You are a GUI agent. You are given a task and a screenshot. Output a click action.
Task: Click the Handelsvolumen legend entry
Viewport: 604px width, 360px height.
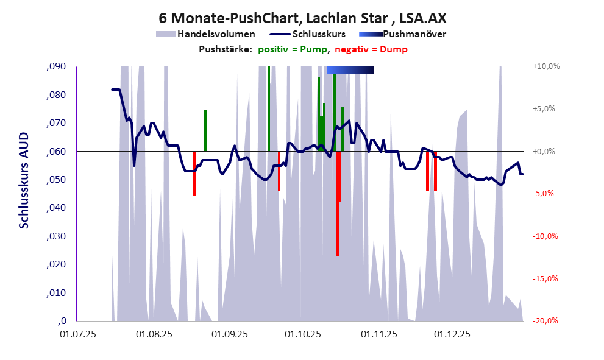coord(213,34)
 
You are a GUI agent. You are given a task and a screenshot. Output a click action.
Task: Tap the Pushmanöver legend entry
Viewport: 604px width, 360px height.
coord(414,34)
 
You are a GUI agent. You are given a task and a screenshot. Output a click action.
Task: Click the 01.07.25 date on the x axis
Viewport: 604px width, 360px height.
coord(79,334)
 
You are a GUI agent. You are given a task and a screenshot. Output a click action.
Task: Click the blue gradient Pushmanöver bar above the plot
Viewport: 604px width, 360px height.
coord(350,71)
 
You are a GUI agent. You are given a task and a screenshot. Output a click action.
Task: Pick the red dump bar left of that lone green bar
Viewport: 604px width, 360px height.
coord(194,174)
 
